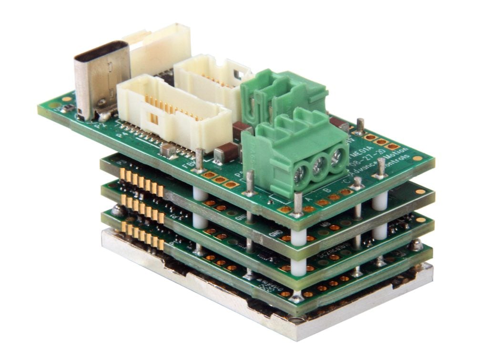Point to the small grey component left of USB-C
coord(67,109)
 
